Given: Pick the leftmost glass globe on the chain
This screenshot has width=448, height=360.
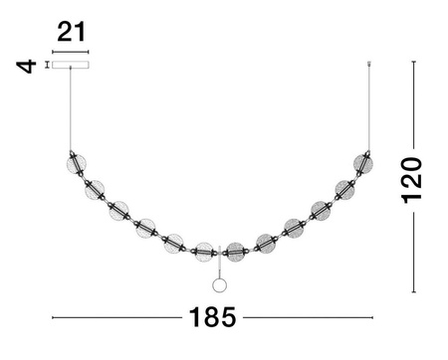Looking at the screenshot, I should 73,161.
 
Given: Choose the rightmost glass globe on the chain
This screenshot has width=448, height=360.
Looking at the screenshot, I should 366,161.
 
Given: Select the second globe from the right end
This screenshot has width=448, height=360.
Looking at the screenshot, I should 344,188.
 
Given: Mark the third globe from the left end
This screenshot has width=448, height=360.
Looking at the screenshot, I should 119,210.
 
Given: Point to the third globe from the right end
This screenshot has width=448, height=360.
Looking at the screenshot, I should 321,209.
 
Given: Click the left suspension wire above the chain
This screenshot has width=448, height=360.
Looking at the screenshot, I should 71,109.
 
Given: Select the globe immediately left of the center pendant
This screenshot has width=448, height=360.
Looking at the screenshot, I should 204,251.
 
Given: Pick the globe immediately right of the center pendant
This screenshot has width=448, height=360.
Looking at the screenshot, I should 235,251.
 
